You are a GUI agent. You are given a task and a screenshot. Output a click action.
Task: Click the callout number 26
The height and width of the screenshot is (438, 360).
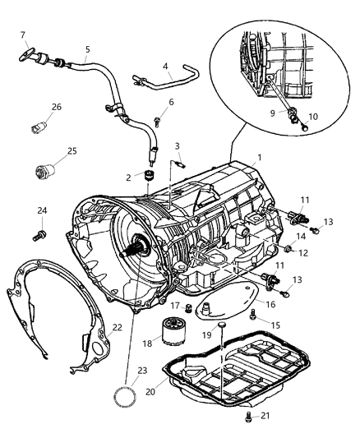coord(57,107)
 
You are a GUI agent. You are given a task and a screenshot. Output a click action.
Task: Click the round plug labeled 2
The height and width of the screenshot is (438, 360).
coord(150,176)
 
